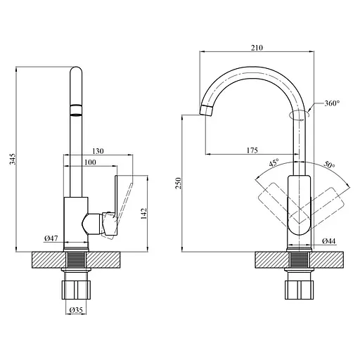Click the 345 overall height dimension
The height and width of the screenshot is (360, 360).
13,159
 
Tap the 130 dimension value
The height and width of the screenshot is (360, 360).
98,151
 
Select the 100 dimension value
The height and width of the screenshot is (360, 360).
90,162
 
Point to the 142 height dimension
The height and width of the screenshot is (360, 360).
143,213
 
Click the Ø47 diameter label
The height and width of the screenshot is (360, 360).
51,238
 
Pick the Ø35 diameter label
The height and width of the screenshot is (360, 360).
76,310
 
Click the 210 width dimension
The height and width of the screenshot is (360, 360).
257,48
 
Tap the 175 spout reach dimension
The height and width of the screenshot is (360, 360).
252,150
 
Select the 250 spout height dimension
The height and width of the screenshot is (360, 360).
179,183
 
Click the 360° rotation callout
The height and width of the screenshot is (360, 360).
332,103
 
